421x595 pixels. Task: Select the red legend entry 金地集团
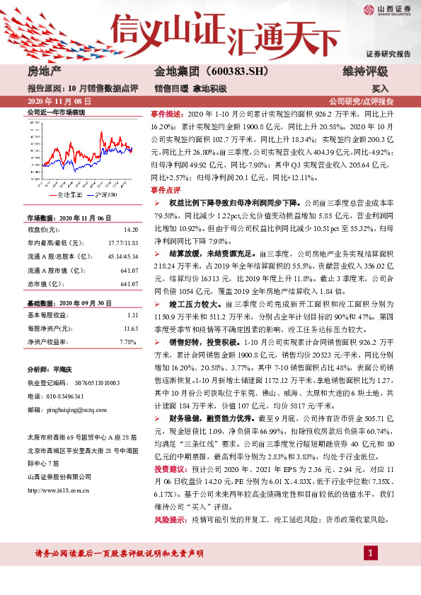(x=69, y=193)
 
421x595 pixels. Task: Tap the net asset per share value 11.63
(x=130, y=329)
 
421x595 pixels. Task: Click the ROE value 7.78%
(x=129, y=341)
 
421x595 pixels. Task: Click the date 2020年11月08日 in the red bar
(x=57, y=102)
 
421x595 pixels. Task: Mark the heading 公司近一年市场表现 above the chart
(x=55, y=112)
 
